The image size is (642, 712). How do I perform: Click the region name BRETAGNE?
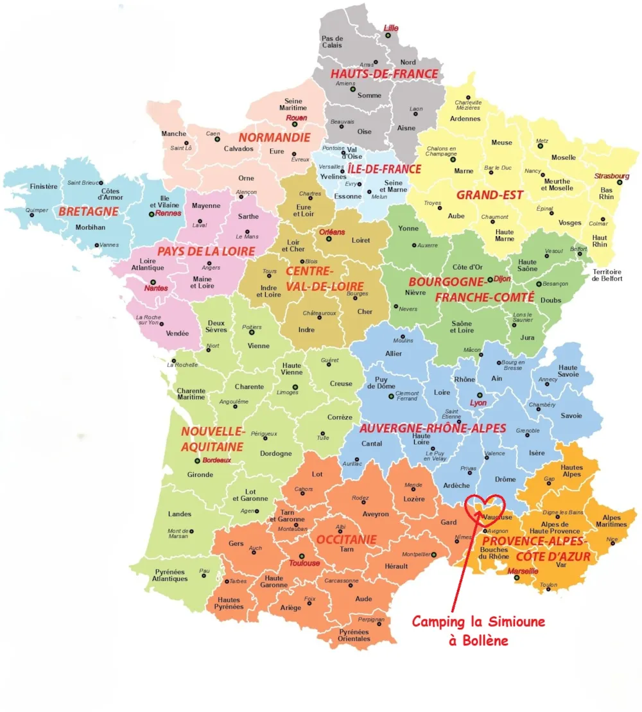[89, 211]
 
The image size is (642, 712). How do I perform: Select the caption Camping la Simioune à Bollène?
[478, 630]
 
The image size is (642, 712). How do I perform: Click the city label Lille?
[391, 28]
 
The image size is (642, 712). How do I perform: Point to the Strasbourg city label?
[612, 176]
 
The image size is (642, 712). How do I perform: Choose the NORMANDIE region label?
[274, 137]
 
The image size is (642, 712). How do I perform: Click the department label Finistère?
[44, 187]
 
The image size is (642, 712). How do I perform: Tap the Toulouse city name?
[304, 563]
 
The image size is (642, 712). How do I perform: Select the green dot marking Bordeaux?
[197, 460]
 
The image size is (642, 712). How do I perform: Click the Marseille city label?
[523, 571]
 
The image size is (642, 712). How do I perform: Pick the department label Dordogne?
[275, 453]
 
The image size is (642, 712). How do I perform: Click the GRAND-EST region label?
[490, 195]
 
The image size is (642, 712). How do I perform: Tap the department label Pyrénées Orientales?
[354, 635]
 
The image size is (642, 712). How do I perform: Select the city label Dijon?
[503, 279]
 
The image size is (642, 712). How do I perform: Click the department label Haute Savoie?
[568, 372]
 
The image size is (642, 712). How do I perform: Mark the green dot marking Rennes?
[152, 214]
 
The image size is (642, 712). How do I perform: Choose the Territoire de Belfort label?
[606, 275]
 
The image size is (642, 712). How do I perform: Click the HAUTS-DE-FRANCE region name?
[384, 74]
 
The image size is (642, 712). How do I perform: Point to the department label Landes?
[179, 514]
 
